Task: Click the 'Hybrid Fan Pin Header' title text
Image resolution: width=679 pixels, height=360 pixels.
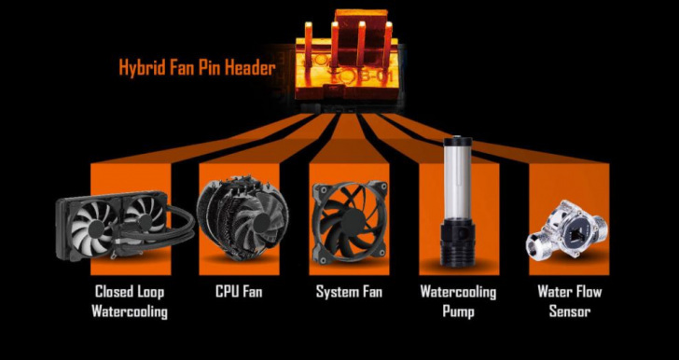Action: point(197,67)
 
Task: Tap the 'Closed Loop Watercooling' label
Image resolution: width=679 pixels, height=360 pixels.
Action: point(130,301)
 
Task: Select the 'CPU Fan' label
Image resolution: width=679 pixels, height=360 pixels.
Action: point(239,292)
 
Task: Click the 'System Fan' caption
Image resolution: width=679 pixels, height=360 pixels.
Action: point(349,292)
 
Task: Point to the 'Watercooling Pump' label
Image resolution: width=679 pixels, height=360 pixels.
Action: point(458,301)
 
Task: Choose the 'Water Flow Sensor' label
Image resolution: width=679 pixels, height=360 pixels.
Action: point(570,301)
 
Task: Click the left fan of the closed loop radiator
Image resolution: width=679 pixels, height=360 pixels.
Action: point(92,227)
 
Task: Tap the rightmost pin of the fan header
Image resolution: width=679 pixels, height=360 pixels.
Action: point(388,43)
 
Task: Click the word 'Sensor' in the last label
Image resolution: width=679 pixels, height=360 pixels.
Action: point(570,312)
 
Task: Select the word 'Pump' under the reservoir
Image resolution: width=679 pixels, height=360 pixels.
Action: point(458,312)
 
